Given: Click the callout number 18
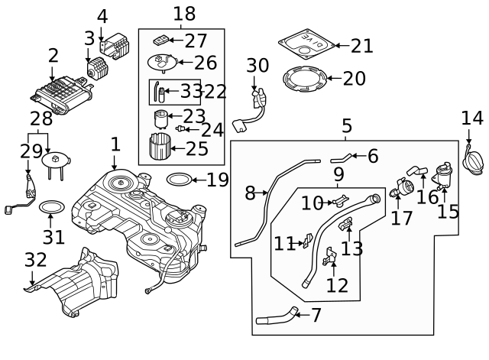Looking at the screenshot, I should point(184,13).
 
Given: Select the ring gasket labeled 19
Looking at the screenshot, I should point(178,180).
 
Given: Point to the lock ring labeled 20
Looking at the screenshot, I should point(305,78).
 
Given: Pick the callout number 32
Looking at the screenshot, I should point(35,260).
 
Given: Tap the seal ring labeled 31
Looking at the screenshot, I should point(51,208).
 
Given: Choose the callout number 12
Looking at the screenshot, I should point(337,285).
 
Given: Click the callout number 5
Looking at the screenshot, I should point(346,125).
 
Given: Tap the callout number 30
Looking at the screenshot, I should point(257,66).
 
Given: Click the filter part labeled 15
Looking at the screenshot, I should point(442,176).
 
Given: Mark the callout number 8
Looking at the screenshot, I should point(249,193).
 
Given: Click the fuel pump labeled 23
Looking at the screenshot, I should point(160,118).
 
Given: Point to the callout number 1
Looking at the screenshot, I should point(115,144).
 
